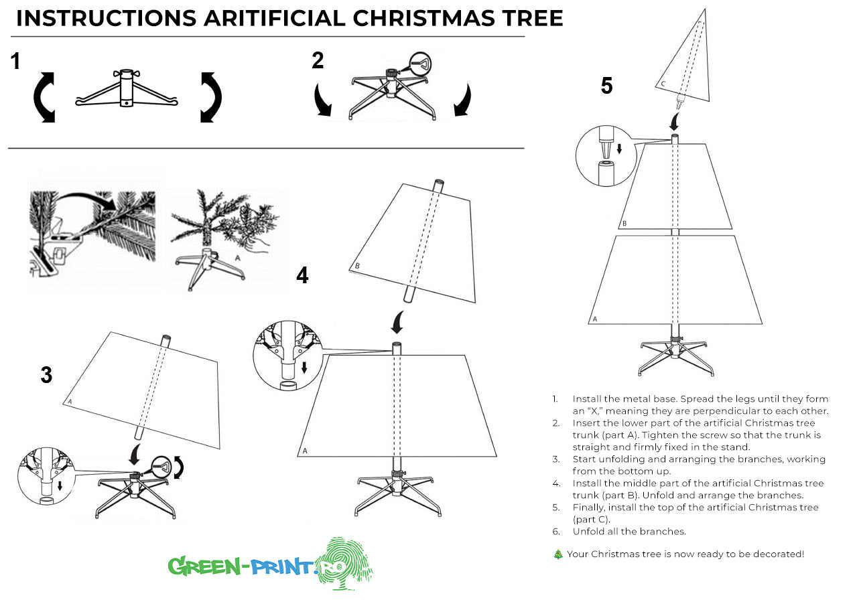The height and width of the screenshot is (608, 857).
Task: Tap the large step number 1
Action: (x=15, y=62)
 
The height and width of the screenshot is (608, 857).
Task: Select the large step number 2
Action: (x=318, y=60)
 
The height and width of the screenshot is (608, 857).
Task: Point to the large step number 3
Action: (x=46, y=375)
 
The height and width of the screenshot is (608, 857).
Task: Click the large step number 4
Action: (x=303, y=275)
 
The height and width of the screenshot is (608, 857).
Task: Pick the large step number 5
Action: (x=606, y=86)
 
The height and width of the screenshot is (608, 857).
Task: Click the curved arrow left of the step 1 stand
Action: (x=44, y=98)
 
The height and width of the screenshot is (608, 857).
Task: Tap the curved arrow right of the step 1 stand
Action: (x=211, y=98)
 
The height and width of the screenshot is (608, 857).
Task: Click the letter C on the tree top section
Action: (x=663, y=84)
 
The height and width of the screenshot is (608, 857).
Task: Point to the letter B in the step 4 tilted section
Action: (x=357, y=266)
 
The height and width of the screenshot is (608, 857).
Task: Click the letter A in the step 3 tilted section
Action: (x=69, y=402)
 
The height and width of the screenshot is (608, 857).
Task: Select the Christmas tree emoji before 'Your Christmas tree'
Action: (x=557, y=554)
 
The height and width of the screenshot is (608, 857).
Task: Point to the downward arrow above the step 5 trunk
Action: (x=675, y=122)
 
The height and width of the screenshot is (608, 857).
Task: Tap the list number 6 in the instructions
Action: (x=555, y=532)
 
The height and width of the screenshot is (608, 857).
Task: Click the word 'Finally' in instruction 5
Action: (x=588, y=508)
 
